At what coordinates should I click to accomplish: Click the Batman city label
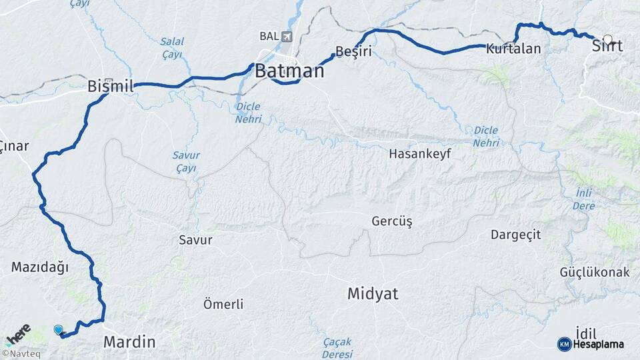click(x=289, y=71)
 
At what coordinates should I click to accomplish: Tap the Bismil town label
click(x=111, y=86)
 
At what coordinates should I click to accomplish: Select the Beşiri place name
click(x=353, y=51)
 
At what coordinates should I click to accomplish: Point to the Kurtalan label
click(x=513, y=49)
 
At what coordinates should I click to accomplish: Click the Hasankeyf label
click(x=421, y=154)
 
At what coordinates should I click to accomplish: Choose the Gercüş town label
click(x=392, y=221)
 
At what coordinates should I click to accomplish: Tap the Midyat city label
click(x=373, y=293)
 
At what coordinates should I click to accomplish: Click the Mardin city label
click(x=129, y=342)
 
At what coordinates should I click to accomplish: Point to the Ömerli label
click(x=223, y=305)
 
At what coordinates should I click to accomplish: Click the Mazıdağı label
click(x=40, y=267)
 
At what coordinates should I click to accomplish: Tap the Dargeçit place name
click(x=515, y=235)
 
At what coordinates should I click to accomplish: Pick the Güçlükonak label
click(x=595, y=273)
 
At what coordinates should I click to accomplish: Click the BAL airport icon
click(x=287, y=36)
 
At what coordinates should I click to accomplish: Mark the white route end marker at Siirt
click(x=607, y=40)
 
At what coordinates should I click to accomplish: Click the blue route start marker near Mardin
click(x=59, y=330)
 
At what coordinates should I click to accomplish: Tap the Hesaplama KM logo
click(x=591, y=344)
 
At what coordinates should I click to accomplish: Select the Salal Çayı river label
click(x=171, y=48)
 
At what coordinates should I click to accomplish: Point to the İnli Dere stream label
click(x=584, y=199)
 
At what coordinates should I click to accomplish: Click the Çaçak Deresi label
click(x=337, y=347)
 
